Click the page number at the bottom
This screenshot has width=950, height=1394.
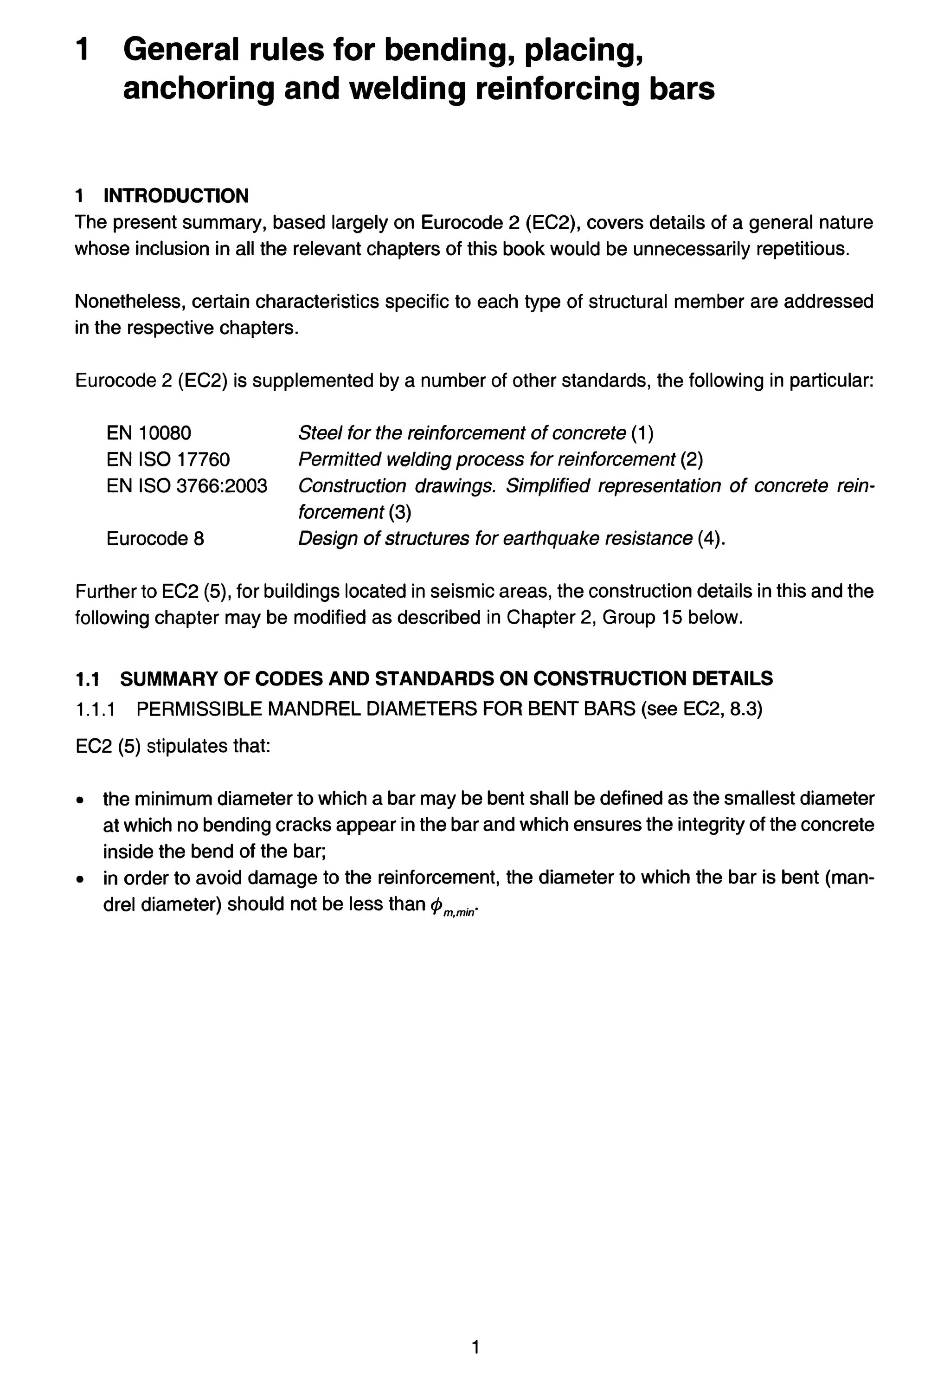point(475,1347)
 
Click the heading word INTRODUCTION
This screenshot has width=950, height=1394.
point(176,195)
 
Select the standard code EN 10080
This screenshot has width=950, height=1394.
point(149,432)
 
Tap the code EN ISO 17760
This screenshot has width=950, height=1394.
point(168,459)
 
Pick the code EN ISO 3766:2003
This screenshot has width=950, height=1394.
point(186,486)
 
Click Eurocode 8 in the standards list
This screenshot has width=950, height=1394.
point(155,539)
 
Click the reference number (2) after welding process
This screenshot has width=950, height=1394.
point(691,459)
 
